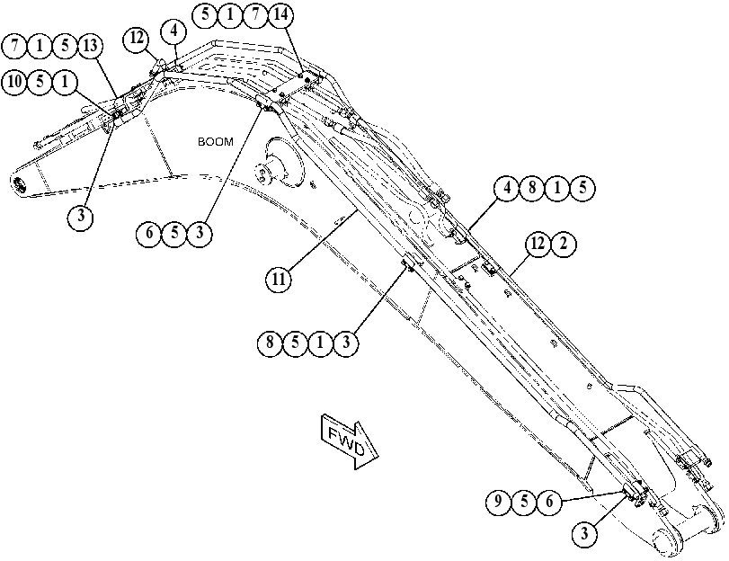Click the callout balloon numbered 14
[x=280, y=15]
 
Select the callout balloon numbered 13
[x=90, y=46]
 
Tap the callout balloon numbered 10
[x=14, y=82]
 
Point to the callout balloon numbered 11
[x=278, y=280]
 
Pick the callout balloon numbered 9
[x=498, y=502]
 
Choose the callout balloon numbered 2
[x=563, y=244]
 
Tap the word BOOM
[x=216, y=141]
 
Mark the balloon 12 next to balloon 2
[x=538, y=244]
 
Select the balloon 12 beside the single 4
[x=137, y=38]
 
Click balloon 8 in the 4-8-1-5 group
[x=532, y=188]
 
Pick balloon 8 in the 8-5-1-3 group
[x=270, y=343]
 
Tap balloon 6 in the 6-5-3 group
[x=149, y=233]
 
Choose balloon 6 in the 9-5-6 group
[x=549, y=502]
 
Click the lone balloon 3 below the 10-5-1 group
[x=81, y=217]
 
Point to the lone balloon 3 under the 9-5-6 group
[x=584, y=533]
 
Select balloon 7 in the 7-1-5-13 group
[x=15, y=46]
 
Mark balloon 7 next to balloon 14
[x=255, y=15]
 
